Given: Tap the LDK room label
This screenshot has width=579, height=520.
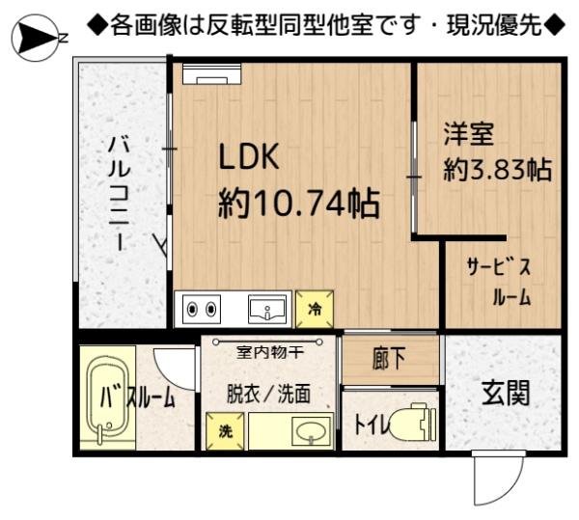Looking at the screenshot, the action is (x=249, y=157).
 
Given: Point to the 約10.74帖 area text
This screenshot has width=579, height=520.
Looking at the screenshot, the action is (x=299, y=203).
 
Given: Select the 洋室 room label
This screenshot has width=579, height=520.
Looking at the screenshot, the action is (x=468, y=134).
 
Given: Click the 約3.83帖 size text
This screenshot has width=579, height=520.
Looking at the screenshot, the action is (x=497, y=170).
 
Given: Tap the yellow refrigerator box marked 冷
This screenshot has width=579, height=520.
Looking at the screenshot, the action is (x=315, y=310).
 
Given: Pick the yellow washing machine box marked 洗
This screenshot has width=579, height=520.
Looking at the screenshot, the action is (x=225, y=430).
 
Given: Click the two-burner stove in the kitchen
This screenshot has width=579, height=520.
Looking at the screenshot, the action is (x=202, y=310).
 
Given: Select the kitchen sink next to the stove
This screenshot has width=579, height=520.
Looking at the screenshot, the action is (x=267, y=310).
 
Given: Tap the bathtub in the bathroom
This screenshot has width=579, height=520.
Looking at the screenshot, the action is (x=108, y=397).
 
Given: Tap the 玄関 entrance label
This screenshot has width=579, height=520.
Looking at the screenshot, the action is (x=506, y=394).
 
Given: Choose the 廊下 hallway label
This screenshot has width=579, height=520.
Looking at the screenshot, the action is (x=389, y=358).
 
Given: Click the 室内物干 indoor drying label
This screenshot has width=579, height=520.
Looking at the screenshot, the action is (x=270, y=353).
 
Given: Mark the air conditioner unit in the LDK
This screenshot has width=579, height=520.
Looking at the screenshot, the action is (x=211, y=74).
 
